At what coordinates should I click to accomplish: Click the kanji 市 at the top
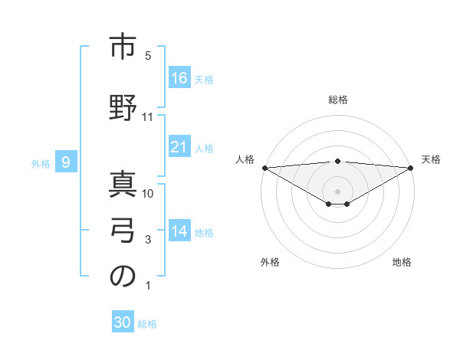(x=123, y=47)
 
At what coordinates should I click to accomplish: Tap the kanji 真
(x=123, y=182)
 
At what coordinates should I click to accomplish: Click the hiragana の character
(x=123, y=277)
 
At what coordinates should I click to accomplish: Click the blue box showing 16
(x=179, y=77)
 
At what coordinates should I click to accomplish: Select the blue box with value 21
(x=179, y=147)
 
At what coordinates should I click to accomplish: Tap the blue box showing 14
(x=179, y=231)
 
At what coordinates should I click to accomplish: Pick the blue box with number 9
(x=66, y=162)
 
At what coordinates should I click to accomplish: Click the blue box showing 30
(x=123, y=322)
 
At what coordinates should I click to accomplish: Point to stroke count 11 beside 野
(x=149, y=117)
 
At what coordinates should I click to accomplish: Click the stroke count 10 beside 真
(x=149, y=193)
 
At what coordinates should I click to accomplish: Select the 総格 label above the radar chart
(x=338, y=100)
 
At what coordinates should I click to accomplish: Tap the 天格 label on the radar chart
(x=432, y=159)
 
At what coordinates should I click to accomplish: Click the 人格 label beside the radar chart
(x=245, y=159)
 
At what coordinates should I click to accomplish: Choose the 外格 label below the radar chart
(x=270, y=262)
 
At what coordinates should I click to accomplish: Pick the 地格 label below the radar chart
(x=402, y=262)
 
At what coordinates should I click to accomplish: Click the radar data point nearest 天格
(x=411, y=167)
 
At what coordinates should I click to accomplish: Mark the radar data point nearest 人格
(x=264, y=167)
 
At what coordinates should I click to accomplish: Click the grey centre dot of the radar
(x=337, y=190)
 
